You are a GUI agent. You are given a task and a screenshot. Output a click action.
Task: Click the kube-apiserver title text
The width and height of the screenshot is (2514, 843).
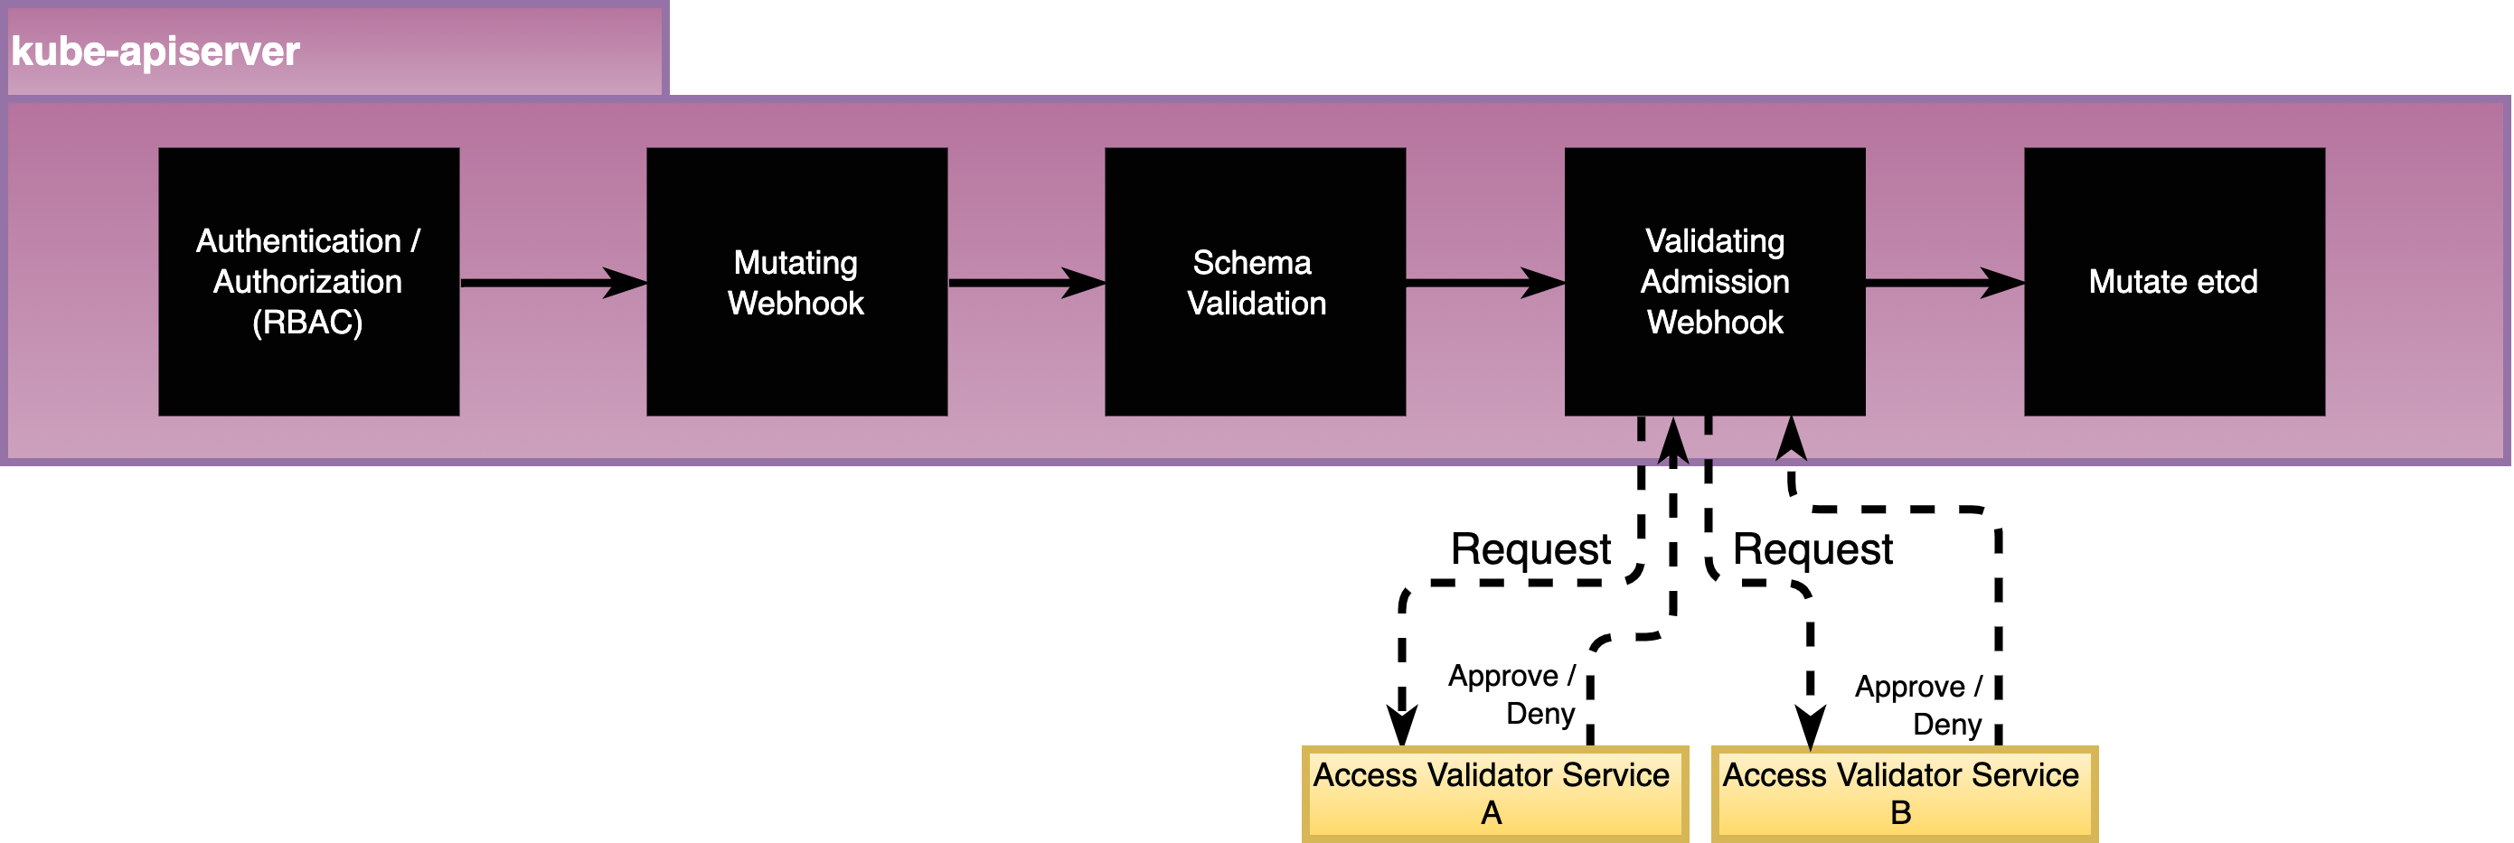click(155, 52)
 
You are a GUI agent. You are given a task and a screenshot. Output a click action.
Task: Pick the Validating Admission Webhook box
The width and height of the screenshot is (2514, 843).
click(1715, 380)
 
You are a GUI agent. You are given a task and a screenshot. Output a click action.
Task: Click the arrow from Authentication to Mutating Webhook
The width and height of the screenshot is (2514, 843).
click(552, 283)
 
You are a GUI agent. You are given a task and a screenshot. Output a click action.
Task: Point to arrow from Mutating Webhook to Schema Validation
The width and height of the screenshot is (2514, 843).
click(1026, 283)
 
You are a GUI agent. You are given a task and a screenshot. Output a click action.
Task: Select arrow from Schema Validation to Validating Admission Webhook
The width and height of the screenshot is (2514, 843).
click(1484, 283)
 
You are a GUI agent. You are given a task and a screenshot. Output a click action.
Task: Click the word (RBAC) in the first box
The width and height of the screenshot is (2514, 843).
click(307, 323)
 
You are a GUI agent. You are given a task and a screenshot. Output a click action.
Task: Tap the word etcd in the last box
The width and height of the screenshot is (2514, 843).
click(2227, 282)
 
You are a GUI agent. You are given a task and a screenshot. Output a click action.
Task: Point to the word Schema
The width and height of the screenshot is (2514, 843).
click(1252, 262)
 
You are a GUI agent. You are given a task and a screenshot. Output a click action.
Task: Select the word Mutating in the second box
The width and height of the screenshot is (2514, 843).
click(796, 262)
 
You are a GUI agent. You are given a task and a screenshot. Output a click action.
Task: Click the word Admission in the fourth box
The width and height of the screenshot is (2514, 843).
click(1715, 282)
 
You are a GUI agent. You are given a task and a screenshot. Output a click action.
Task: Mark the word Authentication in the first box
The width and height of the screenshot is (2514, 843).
click(298, 241)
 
